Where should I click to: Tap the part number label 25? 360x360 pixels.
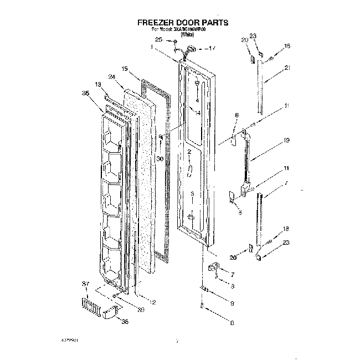pyautogui.click(x=158, y=40)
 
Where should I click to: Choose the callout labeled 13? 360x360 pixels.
pyautogui.click(x=98, y=84)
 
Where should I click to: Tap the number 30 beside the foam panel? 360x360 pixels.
pyautogui.click(x=160, y=158)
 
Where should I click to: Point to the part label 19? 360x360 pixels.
pyautogui.click(x=287, y=141)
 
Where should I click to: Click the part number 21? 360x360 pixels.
pyautogui.click(x=287, y=68)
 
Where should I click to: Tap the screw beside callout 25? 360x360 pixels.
pyautogui.click(x=175, y=41)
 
